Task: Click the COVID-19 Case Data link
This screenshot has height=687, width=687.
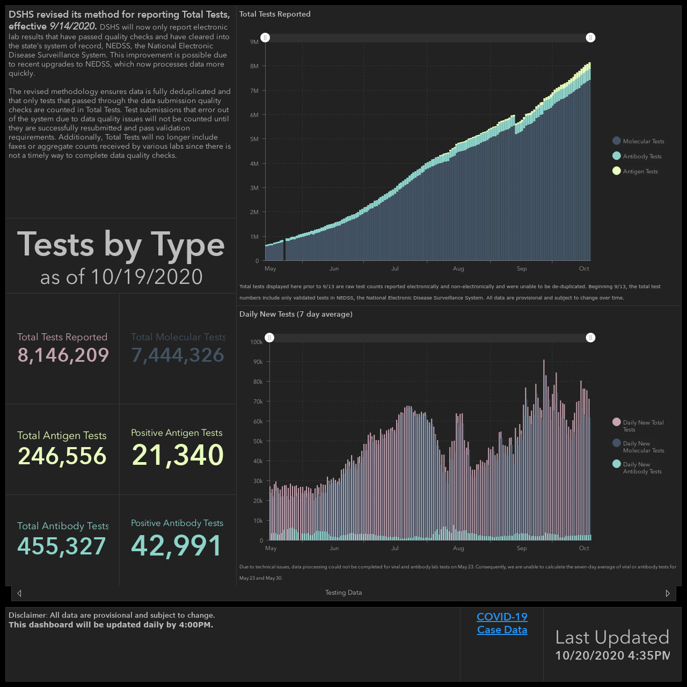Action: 502,623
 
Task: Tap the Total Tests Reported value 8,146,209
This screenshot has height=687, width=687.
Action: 63,355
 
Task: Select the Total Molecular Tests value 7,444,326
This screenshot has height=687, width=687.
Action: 178,355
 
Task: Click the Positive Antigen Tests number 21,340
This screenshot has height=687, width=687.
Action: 178,455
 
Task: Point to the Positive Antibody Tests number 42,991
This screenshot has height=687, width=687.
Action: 177,545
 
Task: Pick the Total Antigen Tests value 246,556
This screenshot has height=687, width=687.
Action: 62,456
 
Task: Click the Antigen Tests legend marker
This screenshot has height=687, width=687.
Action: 616,171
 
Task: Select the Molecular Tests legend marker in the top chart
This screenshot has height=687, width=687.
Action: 616,141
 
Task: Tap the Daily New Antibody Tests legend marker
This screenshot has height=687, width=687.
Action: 616,464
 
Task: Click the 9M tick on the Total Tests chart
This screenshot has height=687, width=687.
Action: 254,42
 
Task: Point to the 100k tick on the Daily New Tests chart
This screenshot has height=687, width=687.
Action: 257,342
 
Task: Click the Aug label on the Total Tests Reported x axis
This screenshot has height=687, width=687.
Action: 458,268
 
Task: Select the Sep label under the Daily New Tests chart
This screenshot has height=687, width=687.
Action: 522,548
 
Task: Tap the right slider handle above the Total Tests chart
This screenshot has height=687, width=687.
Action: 590,38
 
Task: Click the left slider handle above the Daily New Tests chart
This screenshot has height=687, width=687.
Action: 269,338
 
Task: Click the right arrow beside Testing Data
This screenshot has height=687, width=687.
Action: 668,593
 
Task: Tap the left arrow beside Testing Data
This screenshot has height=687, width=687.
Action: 19,593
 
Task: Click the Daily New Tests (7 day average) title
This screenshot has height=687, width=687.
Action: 296,314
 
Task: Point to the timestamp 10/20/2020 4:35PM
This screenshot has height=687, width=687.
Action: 612,655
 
